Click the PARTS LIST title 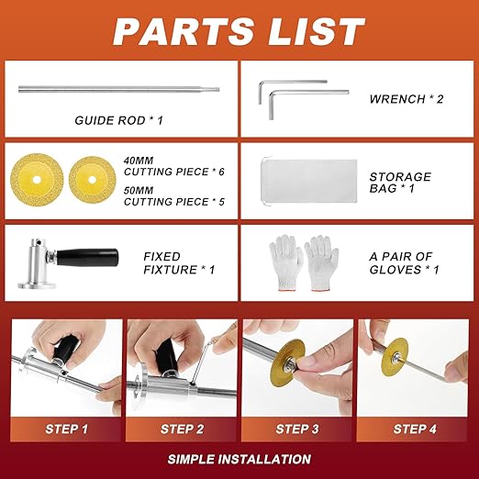click(239, 30)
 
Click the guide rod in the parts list click(118, 89)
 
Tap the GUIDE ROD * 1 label click(118, 120)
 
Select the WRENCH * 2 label click(407, 98)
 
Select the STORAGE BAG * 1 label click(399, 183)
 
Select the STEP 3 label click(296, 429)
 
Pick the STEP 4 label click(413, 429)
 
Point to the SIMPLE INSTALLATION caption click(239, 459)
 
